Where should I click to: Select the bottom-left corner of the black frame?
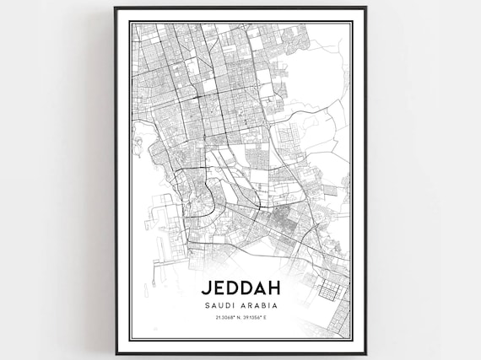pos(116,353)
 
